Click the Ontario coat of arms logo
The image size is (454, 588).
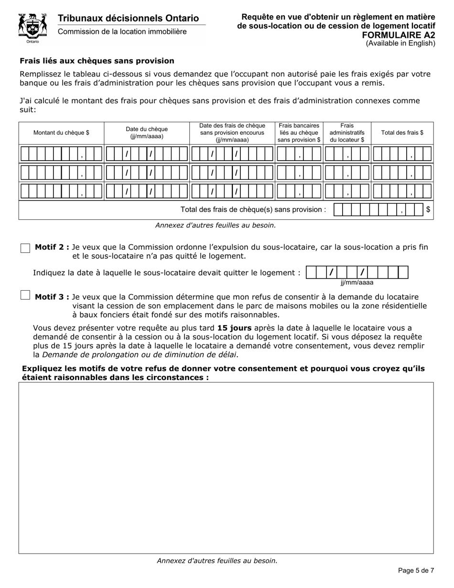point(32,28)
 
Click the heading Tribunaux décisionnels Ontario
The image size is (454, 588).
point(128,18)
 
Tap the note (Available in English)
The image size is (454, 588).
point(400,44)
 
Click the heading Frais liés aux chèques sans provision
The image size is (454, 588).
point(97,61)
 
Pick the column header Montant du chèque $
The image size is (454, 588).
point(61,133)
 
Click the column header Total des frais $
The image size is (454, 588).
point(402,133)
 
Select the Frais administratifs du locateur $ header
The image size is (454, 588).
point(347,133)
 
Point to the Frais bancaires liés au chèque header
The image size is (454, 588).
point(299,133)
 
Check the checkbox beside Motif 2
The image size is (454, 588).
point(25,248)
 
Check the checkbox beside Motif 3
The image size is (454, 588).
point(25,295)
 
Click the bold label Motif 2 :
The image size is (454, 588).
point(52,247)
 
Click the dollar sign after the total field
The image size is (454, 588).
point(428,209)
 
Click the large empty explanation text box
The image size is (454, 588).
point(226,468)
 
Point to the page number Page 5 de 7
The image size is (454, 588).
point(416,570)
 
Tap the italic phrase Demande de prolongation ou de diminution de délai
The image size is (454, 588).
point(140,355)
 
